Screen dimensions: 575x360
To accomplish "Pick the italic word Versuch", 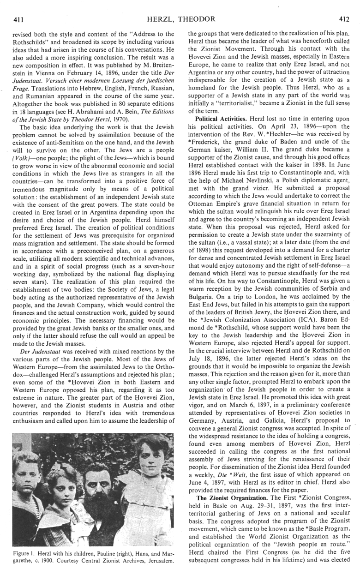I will point(62,87).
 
